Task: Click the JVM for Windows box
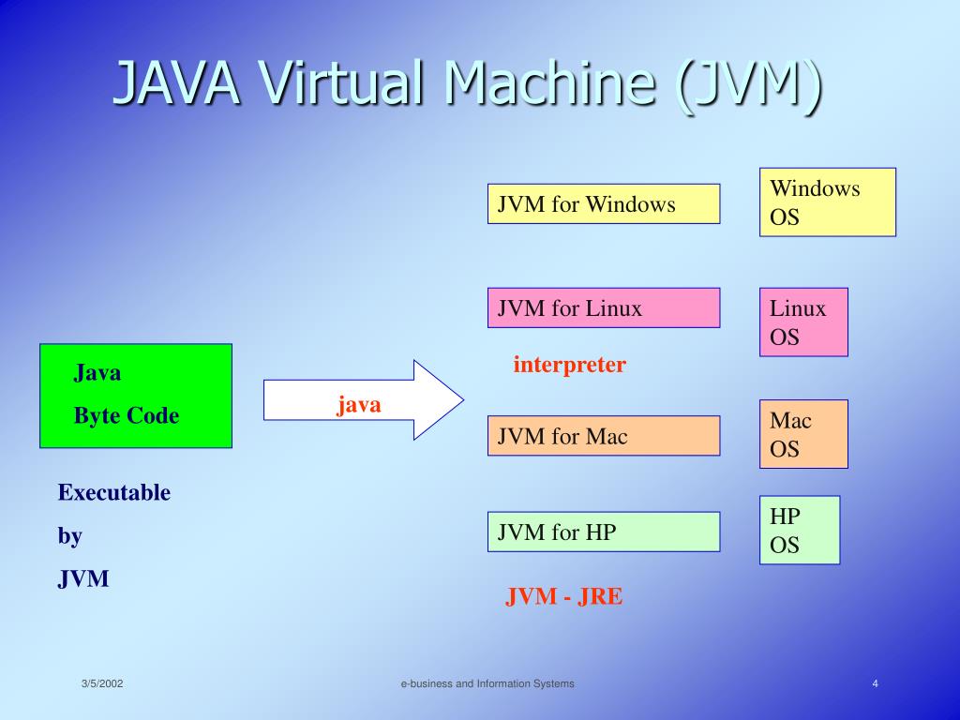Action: [x=604, y=203]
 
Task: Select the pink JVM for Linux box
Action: [x=604, y=307]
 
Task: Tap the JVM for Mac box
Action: [x=604, y=436]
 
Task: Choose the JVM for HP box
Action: [x=604, y=532]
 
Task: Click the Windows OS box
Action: [x=827, y=202]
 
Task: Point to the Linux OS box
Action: [x=803, y=322]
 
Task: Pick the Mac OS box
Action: [x=803, y=434]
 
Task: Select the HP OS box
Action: [x=800, y=530]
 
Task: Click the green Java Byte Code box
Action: [x=136, y=396]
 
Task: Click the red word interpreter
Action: [x=569, y=365]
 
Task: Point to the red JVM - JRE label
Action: [x=563, y=597]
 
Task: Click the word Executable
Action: [x=114, y=492]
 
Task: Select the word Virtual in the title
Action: [x=343, y=85]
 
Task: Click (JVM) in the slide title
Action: [x=747, y=85]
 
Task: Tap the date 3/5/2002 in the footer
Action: [x=102, y=684]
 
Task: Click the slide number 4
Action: [x=875, y=683]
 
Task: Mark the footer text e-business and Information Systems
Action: [x=487, y=684]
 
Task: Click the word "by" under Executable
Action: [x=70, y=536]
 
